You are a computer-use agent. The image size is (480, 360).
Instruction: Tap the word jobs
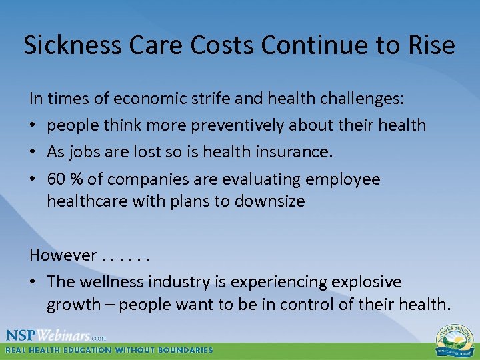tap(85, 152)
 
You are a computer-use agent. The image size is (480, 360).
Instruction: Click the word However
tap(63, 255)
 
